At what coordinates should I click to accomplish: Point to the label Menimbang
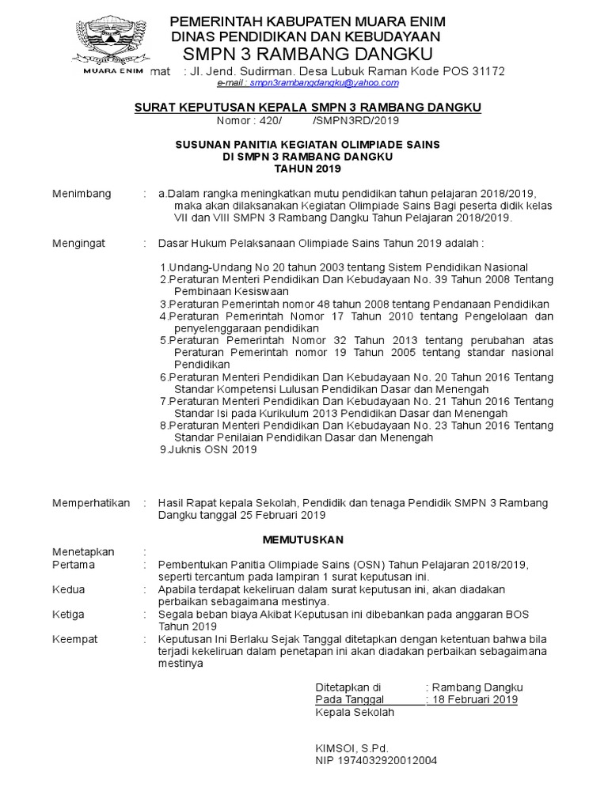click(x=82, y=194)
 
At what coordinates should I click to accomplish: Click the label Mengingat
click(x=79, y=244)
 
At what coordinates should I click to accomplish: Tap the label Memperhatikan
click(x=91, y=503)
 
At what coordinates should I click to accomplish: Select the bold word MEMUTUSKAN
click(x=303, y=539)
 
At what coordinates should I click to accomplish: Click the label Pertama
click(x=73, y=565)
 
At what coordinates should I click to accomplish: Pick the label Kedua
click(x=69, y=589)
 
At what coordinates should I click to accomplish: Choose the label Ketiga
click(x=70, y=615)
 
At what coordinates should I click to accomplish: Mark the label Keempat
click(x=74, y=639)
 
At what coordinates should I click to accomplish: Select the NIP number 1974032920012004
click(x=376, y=760)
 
